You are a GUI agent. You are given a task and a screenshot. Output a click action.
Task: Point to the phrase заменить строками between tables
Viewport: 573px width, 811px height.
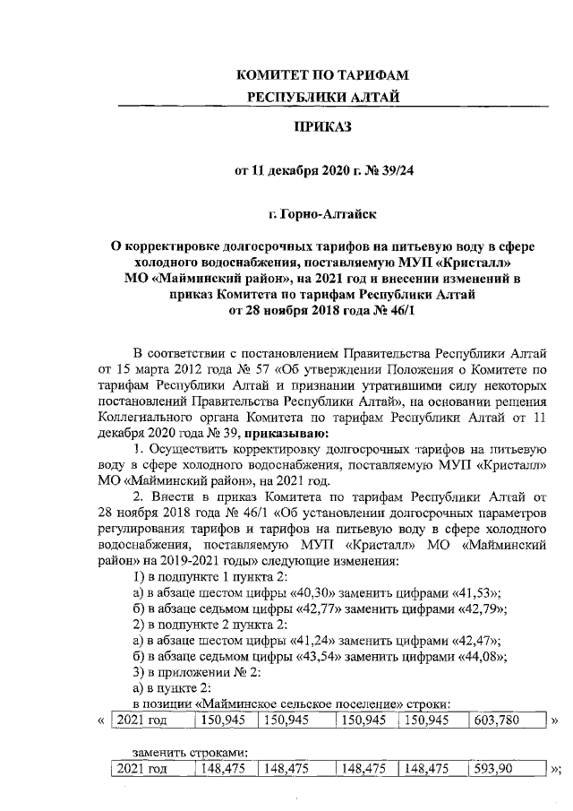click(189, 751)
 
